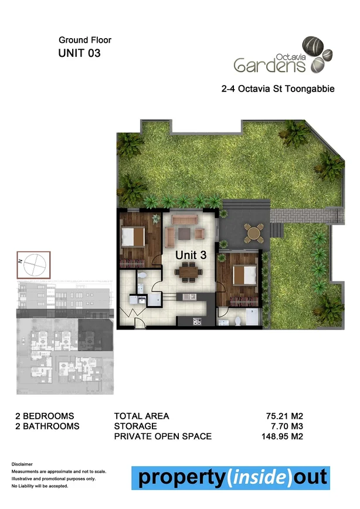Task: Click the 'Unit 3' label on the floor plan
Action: tap(191, 255)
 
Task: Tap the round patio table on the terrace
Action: tap(253, 233)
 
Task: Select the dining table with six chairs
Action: tap(188, 270)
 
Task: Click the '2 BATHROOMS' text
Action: tap(47, 426)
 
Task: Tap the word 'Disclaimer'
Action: tap(24, 464)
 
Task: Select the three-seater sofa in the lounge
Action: tap(184, 219)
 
